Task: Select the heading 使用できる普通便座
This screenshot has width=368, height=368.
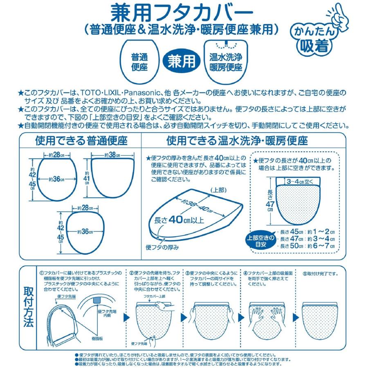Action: pos(81,141)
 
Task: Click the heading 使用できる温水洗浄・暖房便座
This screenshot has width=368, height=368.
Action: pos(243,141)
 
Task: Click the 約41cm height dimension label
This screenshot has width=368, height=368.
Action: pos(87,177)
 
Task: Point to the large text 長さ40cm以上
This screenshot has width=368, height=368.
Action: pos(179,220)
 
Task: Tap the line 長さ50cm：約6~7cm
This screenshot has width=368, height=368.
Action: pos(307,246)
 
